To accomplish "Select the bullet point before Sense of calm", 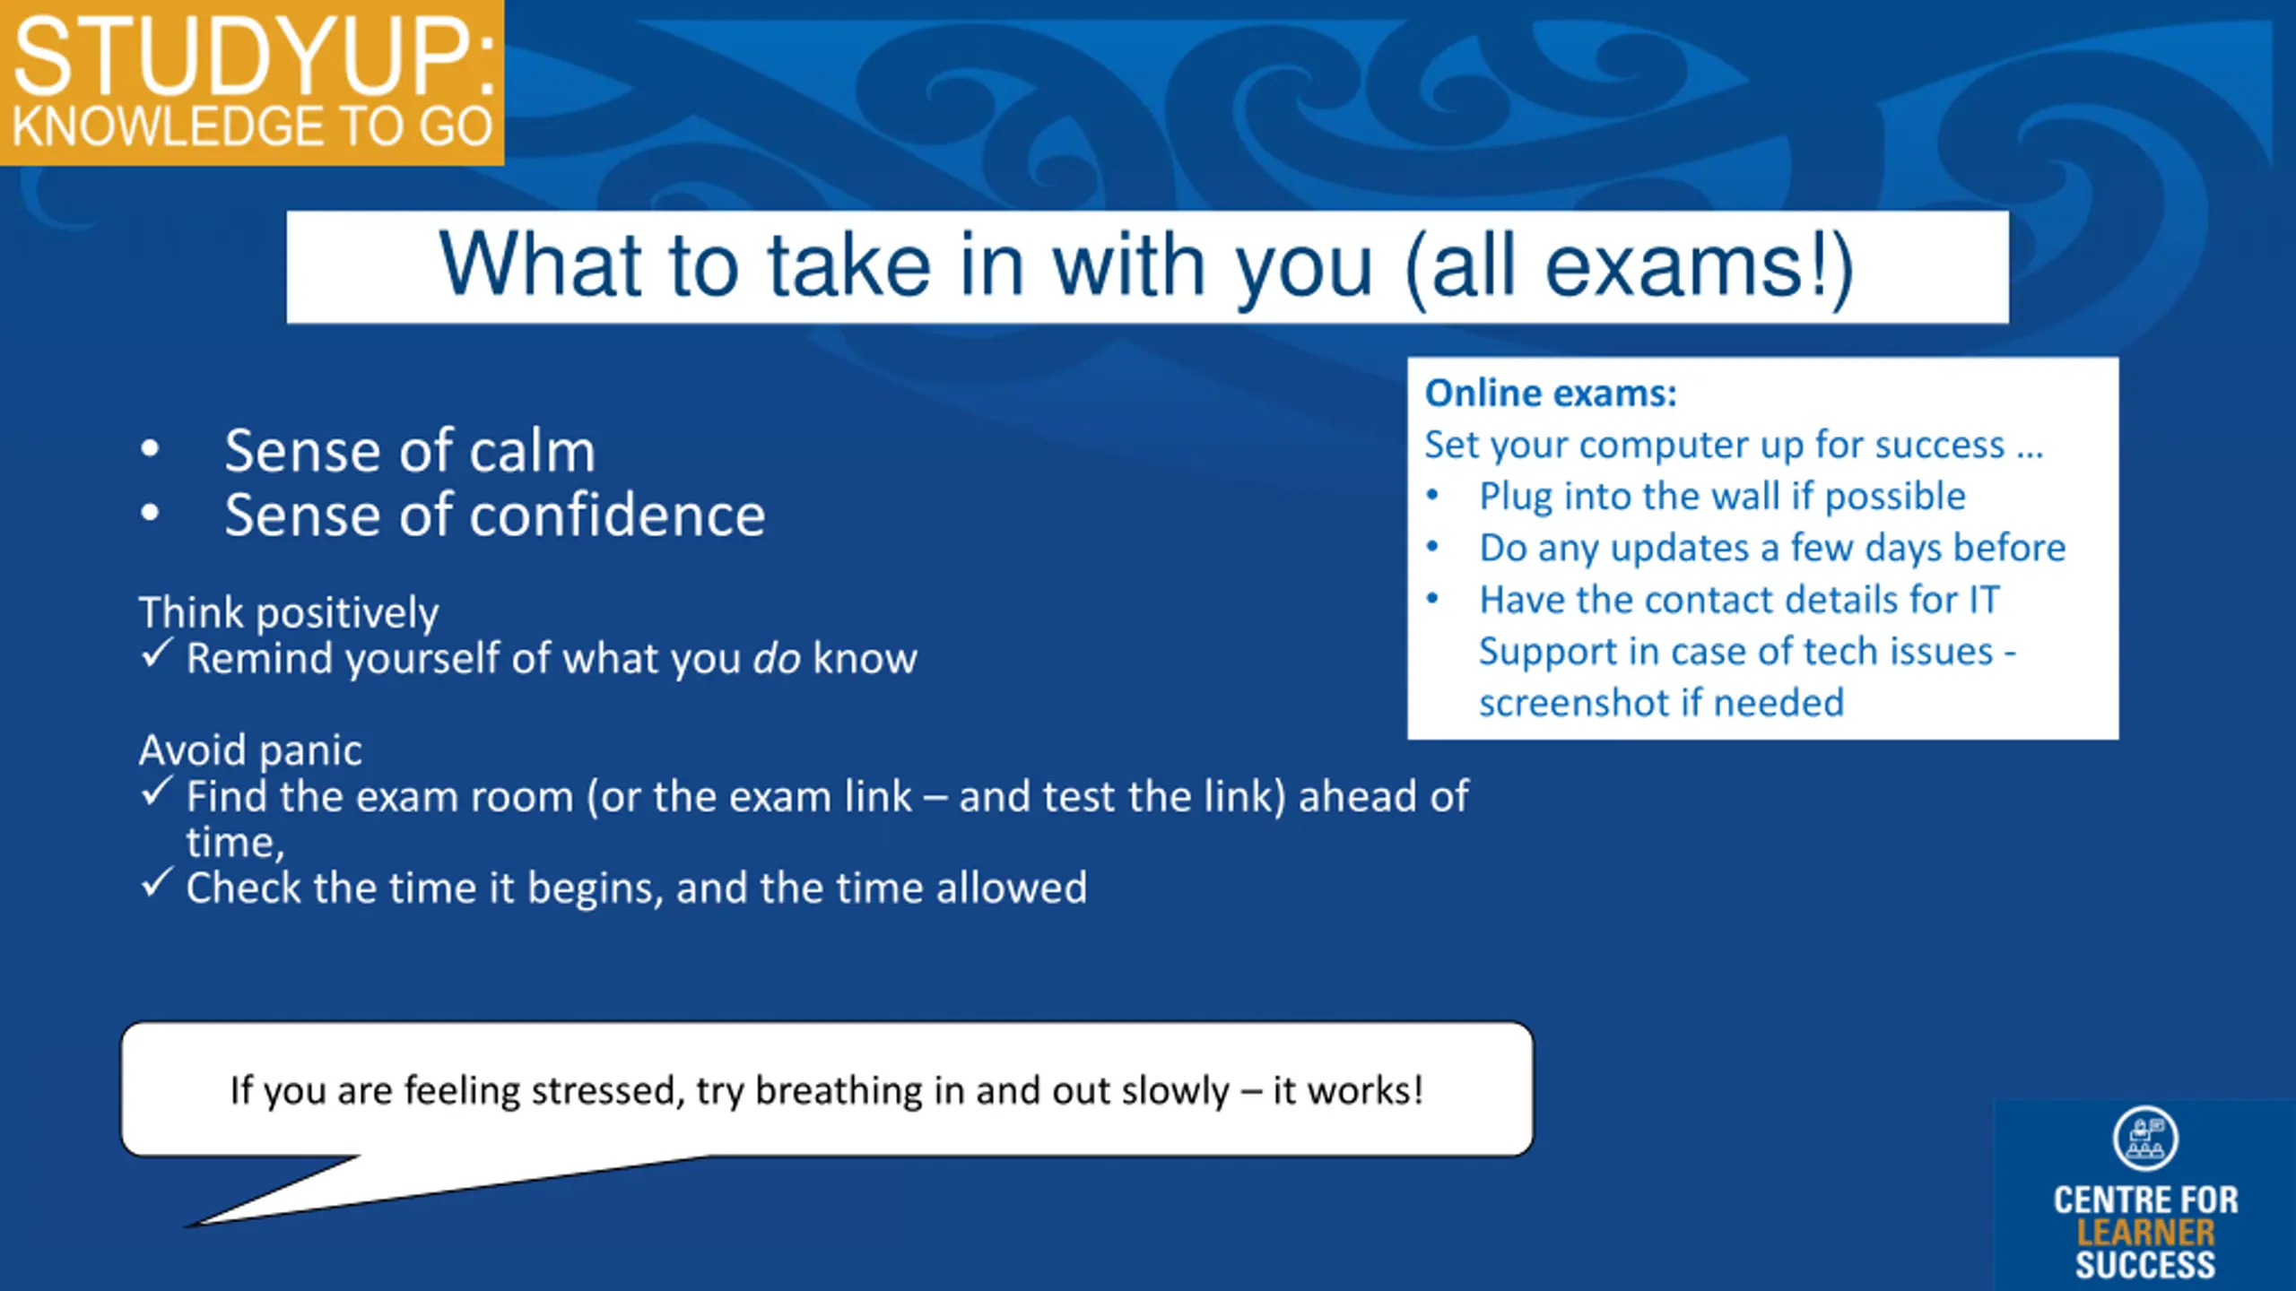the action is (150, 448).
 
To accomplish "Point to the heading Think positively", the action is (289, 614).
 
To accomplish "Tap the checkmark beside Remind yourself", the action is (156, 654).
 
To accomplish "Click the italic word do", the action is (777, 659).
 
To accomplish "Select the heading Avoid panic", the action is (250, 750).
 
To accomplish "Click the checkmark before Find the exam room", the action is (156, 792).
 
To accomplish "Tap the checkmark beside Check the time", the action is (156, 883).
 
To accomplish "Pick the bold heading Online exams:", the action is (1551, 394).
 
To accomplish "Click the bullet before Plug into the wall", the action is (1433, 495).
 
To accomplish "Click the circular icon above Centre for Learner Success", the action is (2145, 1139).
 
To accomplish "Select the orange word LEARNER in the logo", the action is (2145, 1233).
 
